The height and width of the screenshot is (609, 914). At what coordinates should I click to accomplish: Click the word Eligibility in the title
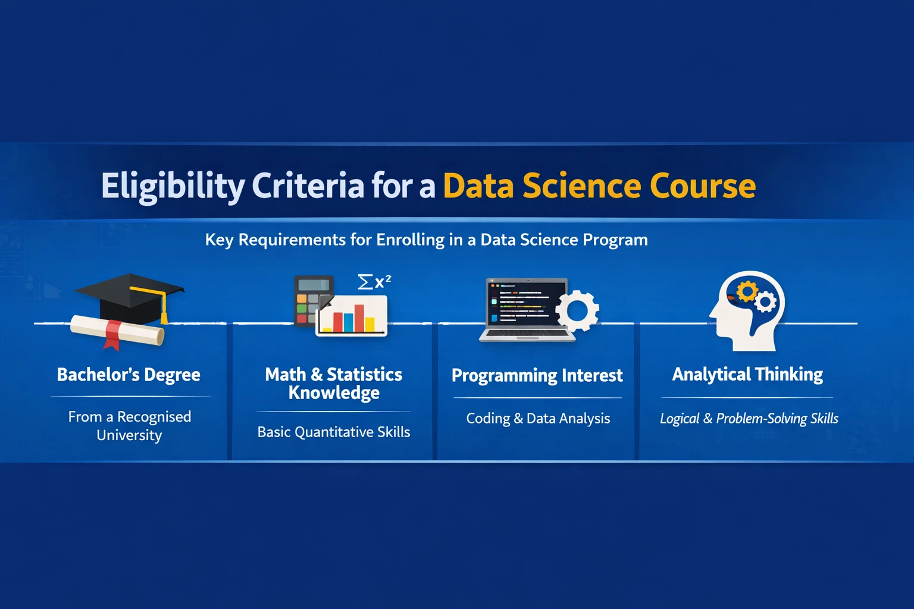[x=173, y=186]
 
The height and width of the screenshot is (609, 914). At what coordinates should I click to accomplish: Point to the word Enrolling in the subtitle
[x=410, y=240]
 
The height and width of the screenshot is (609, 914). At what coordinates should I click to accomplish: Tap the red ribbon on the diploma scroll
[x=112, y=334]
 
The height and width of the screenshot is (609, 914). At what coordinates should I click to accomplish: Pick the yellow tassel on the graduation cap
[x=164, y=309]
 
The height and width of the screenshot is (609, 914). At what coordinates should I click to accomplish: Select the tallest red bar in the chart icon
[x=359, y=318]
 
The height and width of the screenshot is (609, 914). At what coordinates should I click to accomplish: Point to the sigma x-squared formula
[x=374, y=281]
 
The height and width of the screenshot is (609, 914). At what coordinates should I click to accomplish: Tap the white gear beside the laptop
[x=577, y=310]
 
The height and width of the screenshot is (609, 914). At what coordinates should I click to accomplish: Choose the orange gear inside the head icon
[x=747, y=291]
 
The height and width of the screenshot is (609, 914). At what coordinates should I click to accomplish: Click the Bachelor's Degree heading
[x=129, y=375]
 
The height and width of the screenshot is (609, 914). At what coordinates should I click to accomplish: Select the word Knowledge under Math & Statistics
[x=334, y=393]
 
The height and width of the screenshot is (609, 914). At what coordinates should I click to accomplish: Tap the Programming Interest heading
[x=537, y=376]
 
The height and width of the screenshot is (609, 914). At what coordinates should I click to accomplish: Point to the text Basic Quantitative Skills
[x=334, y=432]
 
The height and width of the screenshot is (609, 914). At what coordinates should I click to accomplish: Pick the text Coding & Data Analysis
[x=538, y=419]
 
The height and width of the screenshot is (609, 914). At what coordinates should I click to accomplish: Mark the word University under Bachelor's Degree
[x=129, y=435]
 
